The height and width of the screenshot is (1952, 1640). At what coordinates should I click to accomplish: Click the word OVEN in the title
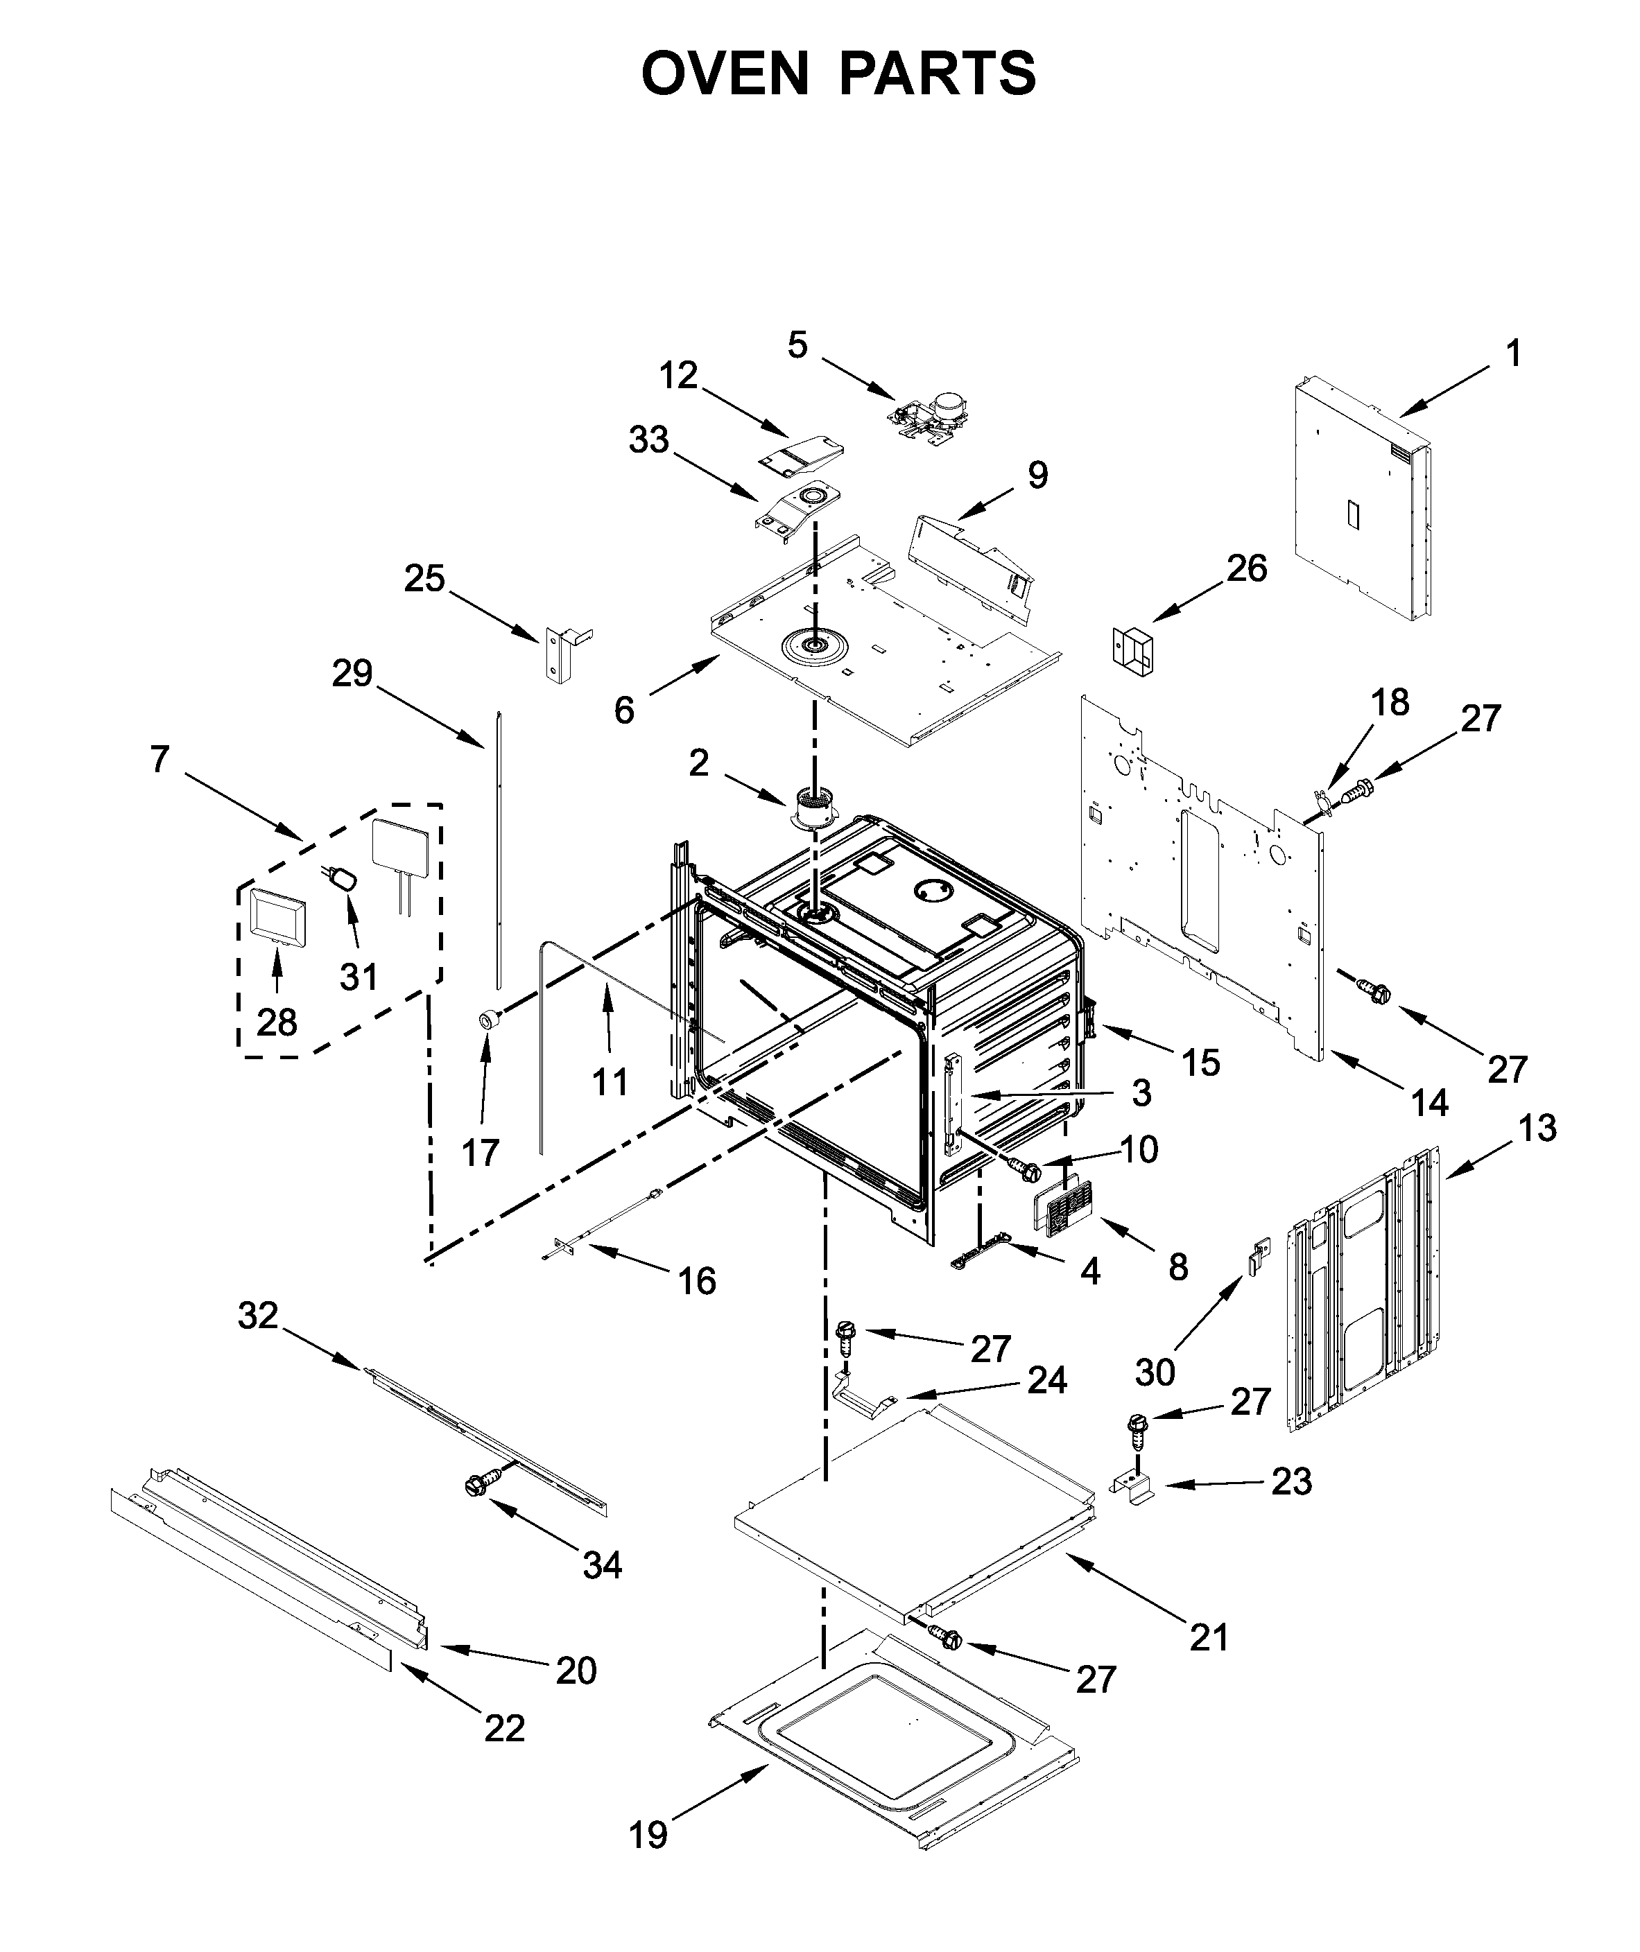[x=725, y=73]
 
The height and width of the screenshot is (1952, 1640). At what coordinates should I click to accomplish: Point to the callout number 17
[x=481, y=1153]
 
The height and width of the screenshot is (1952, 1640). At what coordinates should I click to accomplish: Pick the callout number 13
[x=1538, y=1128]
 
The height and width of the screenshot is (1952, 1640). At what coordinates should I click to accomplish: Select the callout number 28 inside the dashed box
[x=277, y=1022]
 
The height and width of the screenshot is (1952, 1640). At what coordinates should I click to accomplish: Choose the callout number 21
[x=1209, y=1636]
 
